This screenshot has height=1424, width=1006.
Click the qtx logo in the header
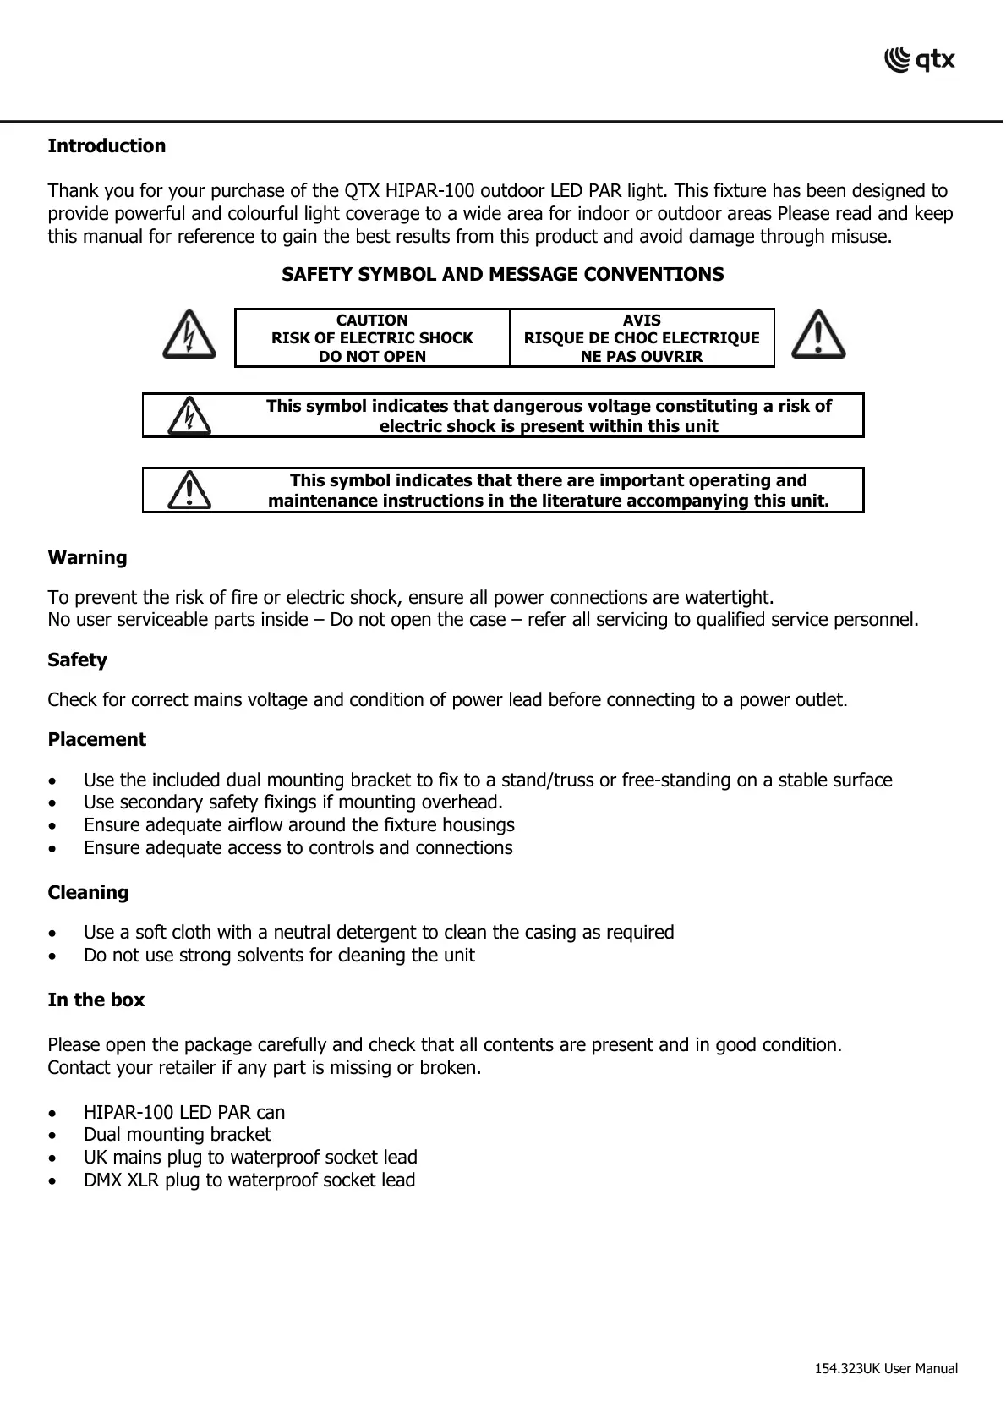point(919,60)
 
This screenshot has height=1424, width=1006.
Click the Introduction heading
point(107,146)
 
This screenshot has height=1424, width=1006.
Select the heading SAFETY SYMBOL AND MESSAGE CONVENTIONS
point(502,275)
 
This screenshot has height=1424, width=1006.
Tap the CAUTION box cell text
point(372,338)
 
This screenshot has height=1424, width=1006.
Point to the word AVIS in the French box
point(642,320)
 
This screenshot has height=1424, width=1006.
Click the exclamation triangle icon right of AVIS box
point(818,335)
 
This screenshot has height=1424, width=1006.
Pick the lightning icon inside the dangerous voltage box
point(190,415)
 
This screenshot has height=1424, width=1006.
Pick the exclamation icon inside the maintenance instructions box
point(190,490)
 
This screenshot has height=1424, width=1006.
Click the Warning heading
point(87,558)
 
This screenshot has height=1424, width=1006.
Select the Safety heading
point(77,660)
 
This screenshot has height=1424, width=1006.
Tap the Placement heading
point(96,740)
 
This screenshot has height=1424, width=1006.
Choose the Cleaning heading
point(88,893)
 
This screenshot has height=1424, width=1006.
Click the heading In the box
point(96,1000)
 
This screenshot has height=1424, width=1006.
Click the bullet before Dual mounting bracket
point(54,1136)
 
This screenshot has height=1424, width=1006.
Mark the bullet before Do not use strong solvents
point(54,956)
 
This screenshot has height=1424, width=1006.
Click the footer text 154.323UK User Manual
point(886,1369)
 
